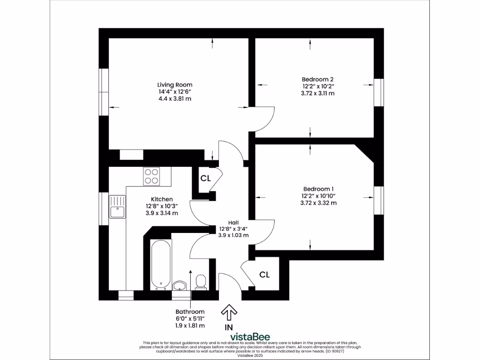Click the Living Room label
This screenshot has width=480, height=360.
coord(174,85)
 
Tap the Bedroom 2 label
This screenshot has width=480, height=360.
coord(317,80)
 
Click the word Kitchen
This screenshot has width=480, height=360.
coord(162,199)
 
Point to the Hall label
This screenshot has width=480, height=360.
coord(233,222)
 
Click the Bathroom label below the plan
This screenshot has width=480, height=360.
coord(190,312)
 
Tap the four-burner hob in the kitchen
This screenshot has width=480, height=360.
coord(151,175)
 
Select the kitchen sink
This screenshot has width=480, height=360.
coord(118,207)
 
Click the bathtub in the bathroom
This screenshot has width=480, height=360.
coord(160,264)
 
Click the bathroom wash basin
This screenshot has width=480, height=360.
coord(180,285)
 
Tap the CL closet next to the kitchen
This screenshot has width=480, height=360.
coord(205,179)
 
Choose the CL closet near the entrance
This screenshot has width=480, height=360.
coord(264,275)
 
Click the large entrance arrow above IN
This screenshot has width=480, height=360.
coord(229,311)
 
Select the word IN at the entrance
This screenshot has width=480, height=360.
coord(229,327)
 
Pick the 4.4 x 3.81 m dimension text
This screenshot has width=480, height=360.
coord(174,99)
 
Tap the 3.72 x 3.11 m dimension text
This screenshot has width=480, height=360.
coord(317,93)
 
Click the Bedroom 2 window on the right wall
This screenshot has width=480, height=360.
coord(379,93)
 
